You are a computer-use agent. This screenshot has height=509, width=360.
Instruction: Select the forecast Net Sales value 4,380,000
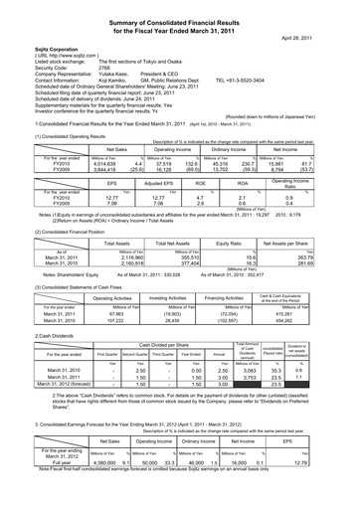point(76,489)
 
